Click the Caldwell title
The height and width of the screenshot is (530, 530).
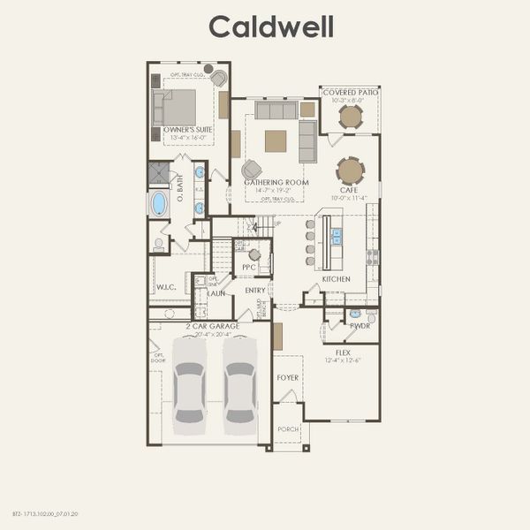[x=271, y=26]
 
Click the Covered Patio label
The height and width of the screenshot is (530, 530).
[x=351, y=92]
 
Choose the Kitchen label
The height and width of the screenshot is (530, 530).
[x=336, y=279]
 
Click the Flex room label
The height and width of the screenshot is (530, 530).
[x=343, y=351]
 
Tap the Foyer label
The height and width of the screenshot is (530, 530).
[x=288, y=378]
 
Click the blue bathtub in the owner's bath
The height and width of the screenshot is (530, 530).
[x=159, y=204]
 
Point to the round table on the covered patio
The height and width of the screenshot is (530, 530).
[x=351, y=117]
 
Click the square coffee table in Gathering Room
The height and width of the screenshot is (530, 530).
[x=276, y=140]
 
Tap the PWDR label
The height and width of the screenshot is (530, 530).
[x=360, y=326]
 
